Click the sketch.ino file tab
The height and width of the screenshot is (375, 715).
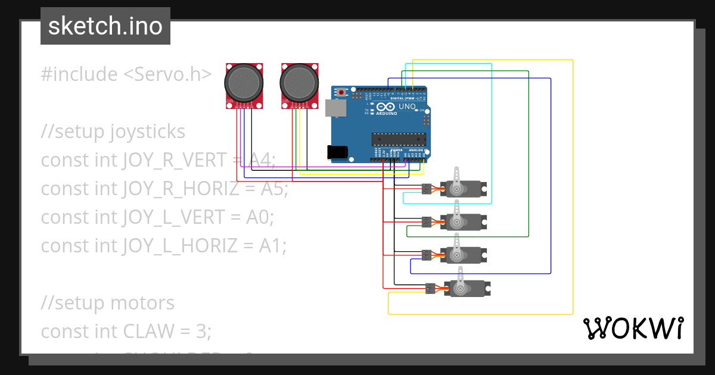tap(105, 26)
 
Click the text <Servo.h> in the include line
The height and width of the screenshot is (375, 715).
tap(167, 74)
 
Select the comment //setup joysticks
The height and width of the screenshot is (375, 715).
tap(113, 132)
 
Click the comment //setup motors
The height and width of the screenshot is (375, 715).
tap(107, 303)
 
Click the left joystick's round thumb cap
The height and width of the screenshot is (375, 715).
tap(244, 83)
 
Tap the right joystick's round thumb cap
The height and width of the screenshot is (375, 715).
tap(300, 83)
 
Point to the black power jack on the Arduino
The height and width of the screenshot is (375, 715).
tap(338, 152)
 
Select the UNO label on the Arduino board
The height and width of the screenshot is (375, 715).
tap(407, 107)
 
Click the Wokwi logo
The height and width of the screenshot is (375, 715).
tap(633, 328)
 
